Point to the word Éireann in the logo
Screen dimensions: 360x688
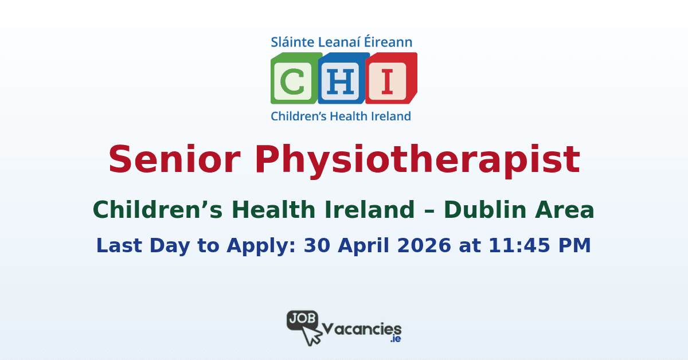point(389,42)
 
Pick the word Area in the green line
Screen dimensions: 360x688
point(565,211)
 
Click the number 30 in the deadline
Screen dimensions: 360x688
point(317,245)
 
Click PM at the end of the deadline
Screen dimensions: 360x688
point(574,245)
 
